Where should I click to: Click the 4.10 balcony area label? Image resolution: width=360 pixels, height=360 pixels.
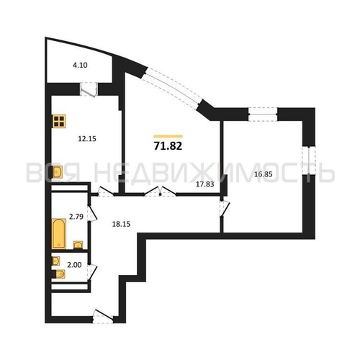pyautogui.click(x=80, y=66)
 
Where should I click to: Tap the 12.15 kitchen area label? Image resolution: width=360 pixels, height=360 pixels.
pyautogui.click(x=87, y=139)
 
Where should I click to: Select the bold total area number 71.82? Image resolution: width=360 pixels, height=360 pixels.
pyautogui.click(x=168, y=146)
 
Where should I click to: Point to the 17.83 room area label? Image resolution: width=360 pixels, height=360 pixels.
pyautogui.click(x=205, y=184)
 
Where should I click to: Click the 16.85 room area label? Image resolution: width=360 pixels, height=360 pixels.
pyautogui.click(x=264, y=174)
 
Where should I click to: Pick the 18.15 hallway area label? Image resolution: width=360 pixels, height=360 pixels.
pyautogui.click(x=121, y=224)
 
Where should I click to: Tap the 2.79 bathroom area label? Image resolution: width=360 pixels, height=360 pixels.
pyautogui.click(x=76, y=217)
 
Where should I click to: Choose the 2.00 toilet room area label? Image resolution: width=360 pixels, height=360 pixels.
pyautogui.click(x=74, y=265)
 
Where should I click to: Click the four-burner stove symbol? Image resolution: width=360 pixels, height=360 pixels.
pyautogui.click(x=59, y=121)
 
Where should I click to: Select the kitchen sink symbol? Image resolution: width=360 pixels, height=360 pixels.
pyautogui.click(x=58, y=172)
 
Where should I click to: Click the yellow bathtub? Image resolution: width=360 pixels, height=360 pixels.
pyautogui.click(x=59, y=233)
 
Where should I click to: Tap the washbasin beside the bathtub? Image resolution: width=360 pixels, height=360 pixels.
pyautogui.click(x=78, y=245)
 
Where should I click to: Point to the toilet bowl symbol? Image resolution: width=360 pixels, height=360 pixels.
pyautogui.click(x=59, y=274)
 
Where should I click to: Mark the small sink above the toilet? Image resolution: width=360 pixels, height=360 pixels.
pyautogui.click(x=56, y=261)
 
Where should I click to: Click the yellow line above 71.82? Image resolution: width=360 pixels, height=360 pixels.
pyautogui.click(x=168, y=136)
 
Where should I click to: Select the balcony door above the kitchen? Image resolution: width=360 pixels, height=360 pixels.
pyautogui.click(x=89, y=89)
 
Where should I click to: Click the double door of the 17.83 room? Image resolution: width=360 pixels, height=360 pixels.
pyautogui.click(x=160, y=192)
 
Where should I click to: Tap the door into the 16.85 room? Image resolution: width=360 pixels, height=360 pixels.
pyautogui.click(x=225, y=207)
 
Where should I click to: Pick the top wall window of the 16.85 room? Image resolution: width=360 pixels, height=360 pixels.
pyautogui.click(x=263, y=114)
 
